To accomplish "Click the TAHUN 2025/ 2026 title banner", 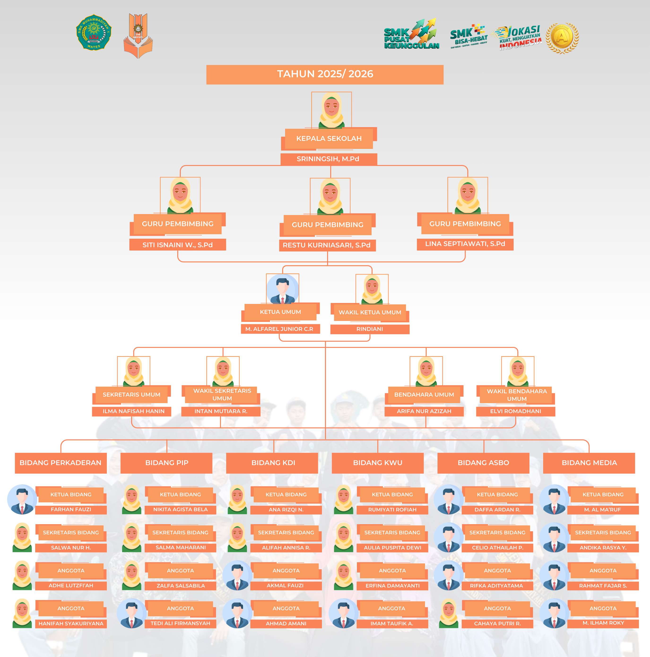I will pyautogui.click(x=325, y=74).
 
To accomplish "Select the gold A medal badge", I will pyautogui.click(x=562, y=38).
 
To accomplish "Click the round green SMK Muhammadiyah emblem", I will pyautogui.click(x=94, y=33).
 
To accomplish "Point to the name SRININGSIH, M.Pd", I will pyautogui.click(x=328, y=159).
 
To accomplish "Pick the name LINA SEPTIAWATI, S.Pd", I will pyautogui.click(x=465, y=244).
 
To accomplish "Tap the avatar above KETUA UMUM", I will pyautogui.click(x=282, y=289).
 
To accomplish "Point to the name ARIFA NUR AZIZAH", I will pyautogui.click(x=424, y=411).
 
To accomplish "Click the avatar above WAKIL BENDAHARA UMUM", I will pyautogui.click(x=518, y=371).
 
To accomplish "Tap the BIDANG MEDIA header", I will pyautogui.click(x=589, y=463).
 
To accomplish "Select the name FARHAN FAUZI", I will pyautogui.click(x=71, y=510).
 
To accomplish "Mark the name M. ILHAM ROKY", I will pyautogui.click(x=603, y=623).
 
